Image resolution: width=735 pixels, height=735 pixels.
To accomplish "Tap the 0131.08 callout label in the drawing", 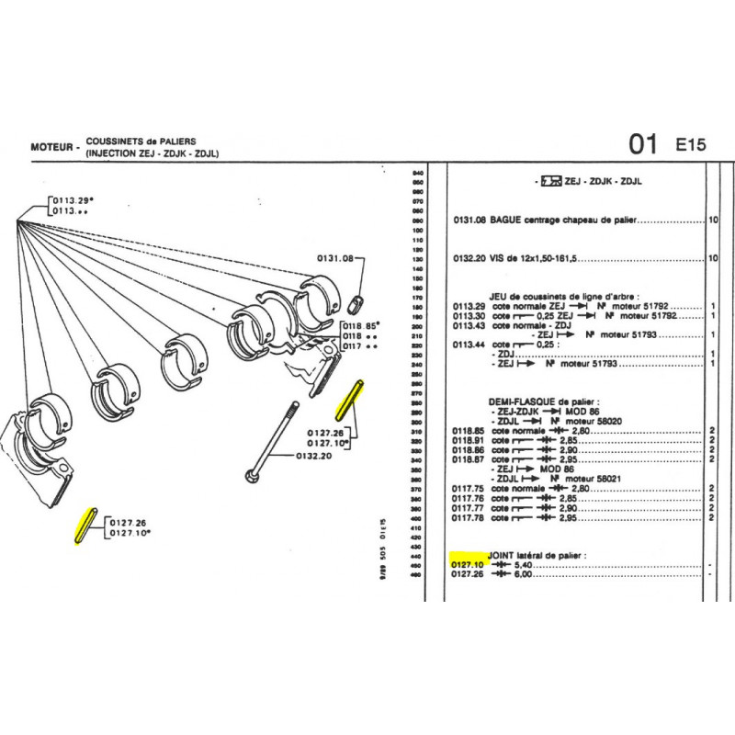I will (334, 259).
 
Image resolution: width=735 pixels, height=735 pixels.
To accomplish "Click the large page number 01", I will (642, 144).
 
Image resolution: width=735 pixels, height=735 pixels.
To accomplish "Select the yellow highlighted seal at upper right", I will (356, 398).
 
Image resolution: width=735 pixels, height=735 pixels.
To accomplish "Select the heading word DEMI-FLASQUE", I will (522, 402).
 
